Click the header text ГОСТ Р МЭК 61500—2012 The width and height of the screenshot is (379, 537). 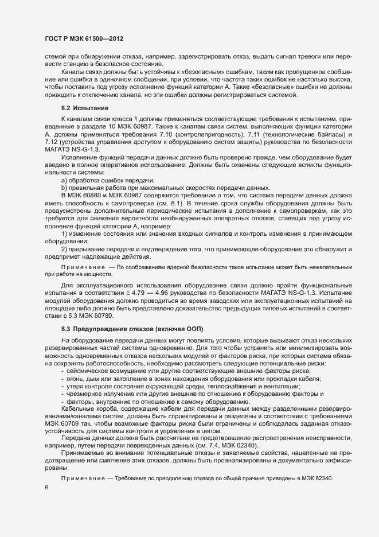84,38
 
